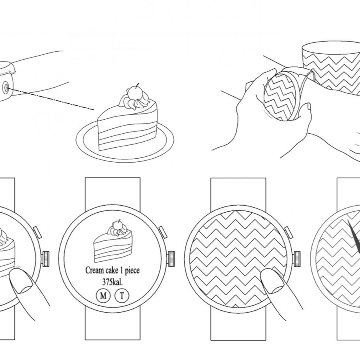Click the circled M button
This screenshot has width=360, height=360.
103,296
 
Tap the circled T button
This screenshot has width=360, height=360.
122,295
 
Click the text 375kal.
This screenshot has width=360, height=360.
112,282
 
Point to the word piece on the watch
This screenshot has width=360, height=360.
132,271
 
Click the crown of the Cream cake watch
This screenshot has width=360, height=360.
171,259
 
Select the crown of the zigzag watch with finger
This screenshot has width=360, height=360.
298,259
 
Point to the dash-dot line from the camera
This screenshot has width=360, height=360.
51,99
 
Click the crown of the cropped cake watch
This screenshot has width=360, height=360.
45,259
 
